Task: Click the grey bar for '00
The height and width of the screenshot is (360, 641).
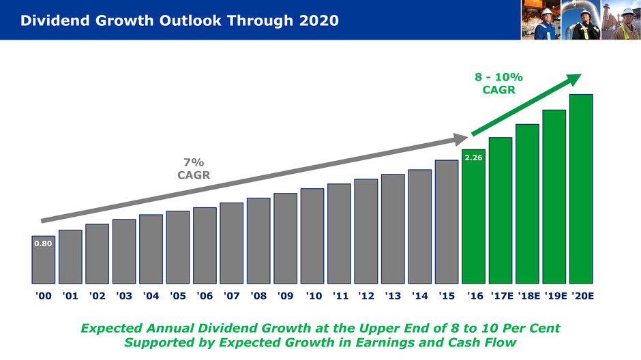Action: tap(43, 260)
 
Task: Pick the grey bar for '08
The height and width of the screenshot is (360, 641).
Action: tap(258, 241)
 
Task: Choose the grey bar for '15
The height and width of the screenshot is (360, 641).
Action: tap(447, 222)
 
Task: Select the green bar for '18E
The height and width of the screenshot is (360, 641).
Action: tap(527, 204)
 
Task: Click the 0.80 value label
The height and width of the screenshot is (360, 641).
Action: tap(43, 243)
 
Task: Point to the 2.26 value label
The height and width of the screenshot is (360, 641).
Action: tap(473, 157)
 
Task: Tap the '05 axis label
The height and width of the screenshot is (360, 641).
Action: tap(177, 297)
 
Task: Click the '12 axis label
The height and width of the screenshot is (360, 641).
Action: tap(366, 297)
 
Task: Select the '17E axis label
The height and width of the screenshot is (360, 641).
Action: tap(500, 297)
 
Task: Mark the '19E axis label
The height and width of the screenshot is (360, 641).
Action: tap(554, 297)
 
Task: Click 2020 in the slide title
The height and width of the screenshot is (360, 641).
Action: tap(318, 20)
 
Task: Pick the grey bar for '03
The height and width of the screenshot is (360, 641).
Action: tap(124, 251)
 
